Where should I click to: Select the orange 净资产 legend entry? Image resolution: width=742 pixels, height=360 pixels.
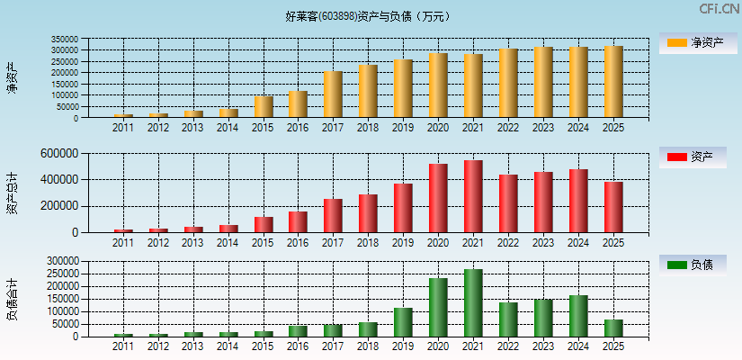(698, 42)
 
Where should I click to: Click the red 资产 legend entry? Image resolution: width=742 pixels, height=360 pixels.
(698, 157)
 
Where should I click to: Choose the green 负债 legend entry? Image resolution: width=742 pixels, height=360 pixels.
(698, 265)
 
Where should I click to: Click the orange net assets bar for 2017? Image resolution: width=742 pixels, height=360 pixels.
(333, 94)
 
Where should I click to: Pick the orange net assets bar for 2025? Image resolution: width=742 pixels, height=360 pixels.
(612, 82)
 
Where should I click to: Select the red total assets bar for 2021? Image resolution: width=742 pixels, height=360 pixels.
(473, 196)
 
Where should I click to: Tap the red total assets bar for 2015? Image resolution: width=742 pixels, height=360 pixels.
(264, 224)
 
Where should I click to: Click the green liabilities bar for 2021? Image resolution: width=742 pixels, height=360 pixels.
(473, 302)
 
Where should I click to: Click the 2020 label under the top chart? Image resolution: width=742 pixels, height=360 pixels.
(438, 128)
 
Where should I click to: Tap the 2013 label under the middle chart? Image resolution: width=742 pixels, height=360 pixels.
(193, 243)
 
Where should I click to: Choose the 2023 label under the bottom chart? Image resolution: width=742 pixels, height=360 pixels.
(543, 346)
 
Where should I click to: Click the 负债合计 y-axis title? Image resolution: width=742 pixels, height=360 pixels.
(12, 299)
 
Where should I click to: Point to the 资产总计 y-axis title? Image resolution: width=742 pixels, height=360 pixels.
(12, 193)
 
